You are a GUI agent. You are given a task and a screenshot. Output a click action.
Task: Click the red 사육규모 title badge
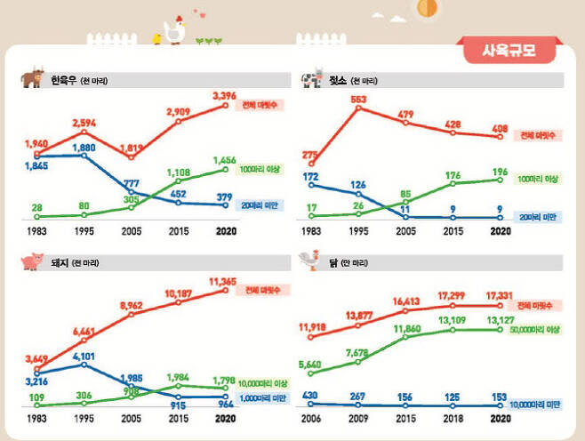pyautogui.click(x=510, y=50)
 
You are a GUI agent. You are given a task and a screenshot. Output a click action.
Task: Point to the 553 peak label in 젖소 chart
pyautogui.click(x=358, y=100)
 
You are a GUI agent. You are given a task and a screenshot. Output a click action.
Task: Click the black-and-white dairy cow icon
pyautogui.click(x=312, y=79)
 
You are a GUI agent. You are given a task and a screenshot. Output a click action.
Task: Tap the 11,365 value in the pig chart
pyautogui.click(x=224, y=281)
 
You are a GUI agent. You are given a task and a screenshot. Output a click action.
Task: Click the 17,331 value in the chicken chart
pyautogui.click(x=500, y=296)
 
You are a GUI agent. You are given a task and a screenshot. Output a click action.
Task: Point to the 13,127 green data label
pyautogui.click(x=500, y=323)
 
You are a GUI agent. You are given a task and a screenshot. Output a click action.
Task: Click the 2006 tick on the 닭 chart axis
pyautogui.click(x=311, y=417)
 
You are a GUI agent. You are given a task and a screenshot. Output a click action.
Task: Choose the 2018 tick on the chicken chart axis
pyautogui.click(x=453, y=417)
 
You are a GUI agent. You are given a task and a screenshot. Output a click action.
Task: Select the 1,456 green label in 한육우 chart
pyautogui.click(x=224, y=160)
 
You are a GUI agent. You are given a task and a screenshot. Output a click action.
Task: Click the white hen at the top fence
pyautogui.click(x=175, y=30)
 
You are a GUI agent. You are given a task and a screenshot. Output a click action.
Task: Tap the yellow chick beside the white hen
pyautogui.click(x=157, y=37)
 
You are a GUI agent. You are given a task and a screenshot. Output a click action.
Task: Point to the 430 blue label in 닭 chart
pyautogui.click(x=310, y=396)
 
